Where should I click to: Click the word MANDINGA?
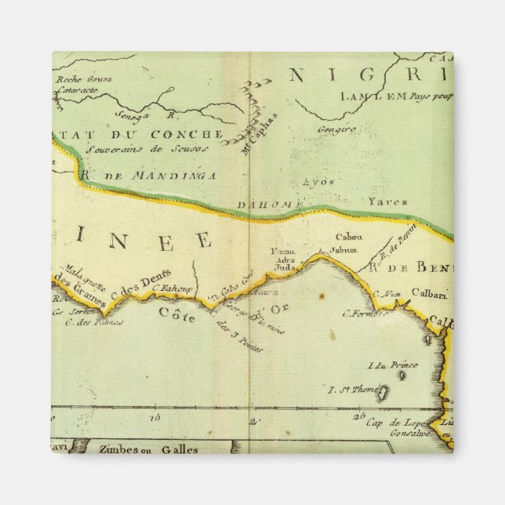[161, 176]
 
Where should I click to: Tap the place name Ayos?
[318, 182]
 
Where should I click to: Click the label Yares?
[388, 202]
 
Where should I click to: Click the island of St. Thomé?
[383, 391]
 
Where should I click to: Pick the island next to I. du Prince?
[401, 375]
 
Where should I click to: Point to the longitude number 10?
[154, 418]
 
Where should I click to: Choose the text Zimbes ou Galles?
[148, 449]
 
